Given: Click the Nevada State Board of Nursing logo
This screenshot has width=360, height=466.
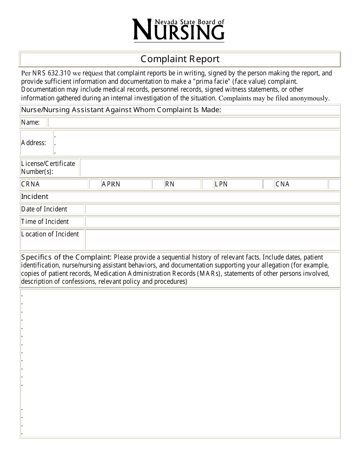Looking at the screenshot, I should [x=178, y=30].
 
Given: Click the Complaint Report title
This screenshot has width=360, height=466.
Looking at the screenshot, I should [x=180, y=59].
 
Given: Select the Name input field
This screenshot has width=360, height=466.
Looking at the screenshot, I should [x=194, y=122].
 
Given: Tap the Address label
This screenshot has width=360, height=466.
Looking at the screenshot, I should [x=34, y=143].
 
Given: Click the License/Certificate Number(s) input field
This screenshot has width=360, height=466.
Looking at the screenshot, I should [x=210, y=167].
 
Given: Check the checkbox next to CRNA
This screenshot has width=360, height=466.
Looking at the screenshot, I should [x=94, y=184].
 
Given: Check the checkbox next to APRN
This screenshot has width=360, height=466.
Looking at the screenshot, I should [x=158, y=184].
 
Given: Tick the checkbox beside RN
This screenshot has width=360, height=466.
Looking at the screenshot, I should [x=207, y=184].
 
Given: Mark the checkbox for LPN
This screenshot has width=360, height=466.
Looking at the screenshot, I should [x=268, y=184].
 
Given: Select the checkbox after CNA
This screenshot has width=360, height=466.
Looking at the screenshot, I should [x=334, y=184].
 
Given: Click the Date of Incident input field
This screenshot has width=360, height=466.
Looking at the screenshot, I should [x=212, y=209].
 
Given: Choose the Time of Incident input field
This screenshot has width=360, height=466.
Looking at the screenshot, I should [x=212, y=222].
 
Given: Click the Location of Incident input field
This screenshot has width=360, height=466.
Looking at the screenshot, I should [x=212, y=239].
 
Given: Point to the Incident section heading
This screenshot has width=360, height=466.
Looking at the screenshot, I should [x=35, y=197].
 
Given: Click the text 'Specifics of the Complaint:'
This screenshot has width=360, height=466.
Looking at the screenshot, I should [x=66, y=257].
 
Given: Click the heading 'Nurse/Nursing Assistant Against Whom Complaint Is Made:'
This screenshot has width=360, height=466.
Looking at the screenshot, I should [x=121, y=110].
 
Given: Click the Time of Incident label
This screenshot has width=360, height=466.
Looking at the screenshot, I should [x=45, y=222].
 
